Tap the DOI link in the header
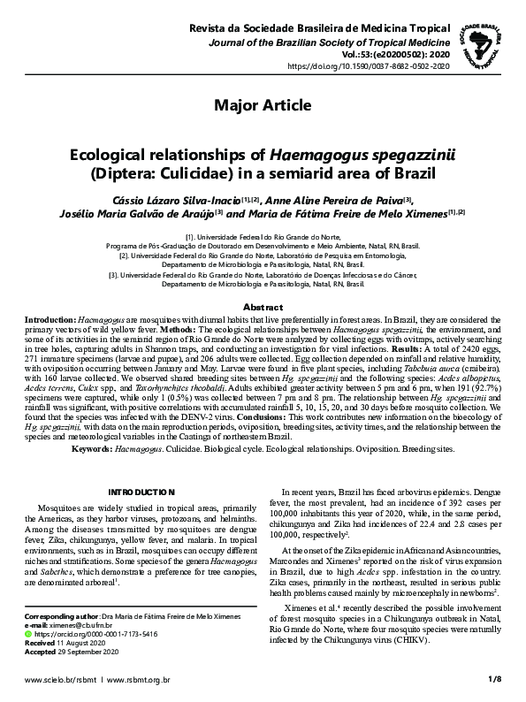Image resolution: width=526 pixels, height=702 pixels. pyautogui.click(x=369, y=65)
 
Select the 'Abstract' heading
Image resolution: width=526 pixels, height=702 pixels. pyautogui.click(x=263, y=306)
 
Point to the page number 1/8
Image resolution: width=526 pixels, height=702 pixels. pyautogui.click(x=493, y=681)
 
